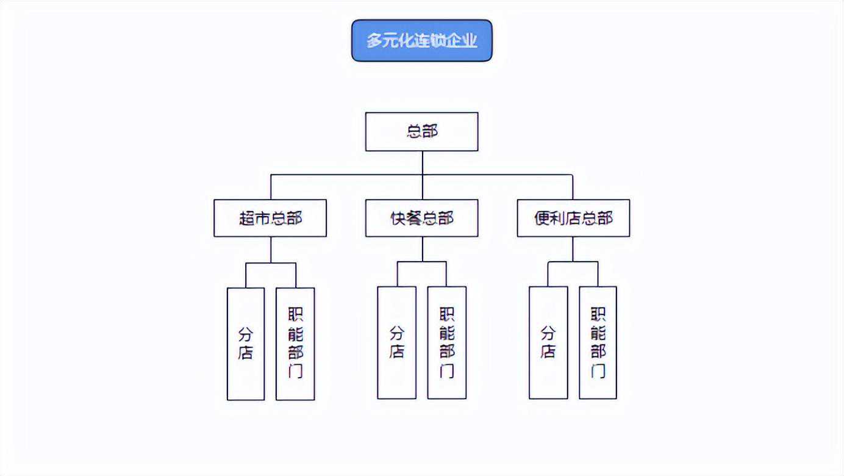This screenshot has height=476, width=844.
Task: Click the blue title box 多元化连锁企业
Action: click(x=421, y=40)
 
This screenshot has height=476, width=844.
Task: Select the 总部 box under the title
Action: click(x=421, y=131)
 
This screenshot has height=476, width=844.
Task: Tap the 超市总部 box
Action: click(x=270, y=218)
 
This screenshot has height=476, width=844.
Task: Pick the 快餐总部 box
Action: click(x=421, y=218)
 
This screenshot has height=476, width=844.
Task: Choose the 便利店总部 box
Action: click(x=573, y=218)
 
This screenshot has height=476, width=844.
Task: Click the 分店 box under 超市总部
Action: click(x=246, y=344)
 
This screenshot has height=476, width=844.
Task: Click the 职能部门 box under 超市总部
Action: click(x=295, y=344)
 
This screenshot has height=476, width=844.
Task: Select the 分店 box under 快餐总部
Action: click(x=396, y=342)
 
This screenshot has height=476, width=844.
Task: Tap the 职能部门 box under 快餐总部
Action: click(x=446, y=342)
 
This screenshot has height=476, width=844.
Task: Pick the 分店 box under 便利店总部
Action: click(x=548, y=342)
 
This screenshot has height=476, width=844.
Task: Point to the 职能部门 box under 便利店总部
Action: click(x=598, y=342)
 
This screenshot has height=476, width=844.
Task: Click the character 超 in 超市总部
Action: click(x=247, y=218)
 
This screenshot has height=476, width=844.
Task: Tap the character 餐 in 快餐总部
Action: click(x=413, y=218)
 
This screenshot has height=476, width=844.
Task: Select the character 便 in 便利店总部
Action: click(x=542, y=218)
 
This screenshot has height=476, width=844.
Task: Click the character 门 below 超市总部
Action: click(x=295, y=370)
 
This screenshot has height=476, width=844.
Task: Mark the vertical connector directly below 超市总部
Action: click(x=271, y=250)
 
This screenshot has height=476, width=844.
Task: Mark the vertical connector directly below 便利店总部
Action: click(x=573, y=249)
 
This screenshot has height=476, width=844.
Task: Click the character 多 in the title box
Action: click(x=374, y=41)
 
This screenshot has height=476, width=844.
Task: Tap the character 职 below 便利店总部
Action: click(x=598, y=315)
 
